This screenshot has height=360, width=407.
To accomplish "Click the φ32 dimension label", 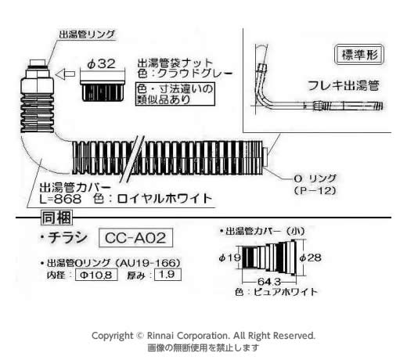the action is [101, 64].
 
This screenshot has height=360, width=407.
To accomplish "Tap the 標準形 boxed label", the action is [359, 55].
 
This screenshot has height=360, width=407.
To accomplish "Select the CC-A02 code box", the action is [135, 238].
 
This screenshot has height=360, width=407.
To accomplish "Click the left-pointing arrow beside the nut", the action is [65, 74].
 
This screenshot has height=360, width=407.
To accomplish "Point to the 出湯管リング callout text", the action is [87, 34].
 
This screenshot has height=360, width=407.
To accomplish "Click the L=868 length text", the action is [60, 199].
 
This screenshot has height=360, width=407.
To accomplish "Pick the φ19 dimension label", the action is [229, 258].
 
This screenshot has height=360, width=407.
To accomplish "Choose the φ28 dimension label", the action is [310, 258].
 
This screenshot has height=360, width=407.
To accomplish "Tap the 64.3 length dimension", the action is [269, 282].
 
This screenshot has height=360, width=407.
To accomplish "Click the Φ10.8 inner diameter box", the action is [96, 275].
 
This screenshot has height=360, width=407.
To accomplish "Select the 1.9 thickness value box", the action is [167, 275].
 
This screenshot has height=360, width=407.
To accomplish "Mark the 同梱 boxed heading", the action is [56, 218].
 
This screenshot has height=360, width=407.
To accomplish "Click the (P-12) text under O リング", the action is [315, 191].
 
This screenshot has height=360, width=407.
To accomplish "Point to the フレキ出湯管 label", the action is [344, 85].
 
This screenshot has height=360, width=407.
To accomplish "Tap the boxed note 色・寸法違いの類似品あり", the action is [175, 94].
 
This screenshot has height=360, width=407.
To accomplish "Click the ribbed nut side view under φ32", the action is [103, 92].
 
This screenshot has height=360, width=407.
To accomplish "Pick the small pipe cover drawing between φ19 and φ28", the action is [269, 257].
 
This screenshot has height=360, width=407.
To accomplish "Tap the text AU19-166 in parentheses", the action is [147, 263].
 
